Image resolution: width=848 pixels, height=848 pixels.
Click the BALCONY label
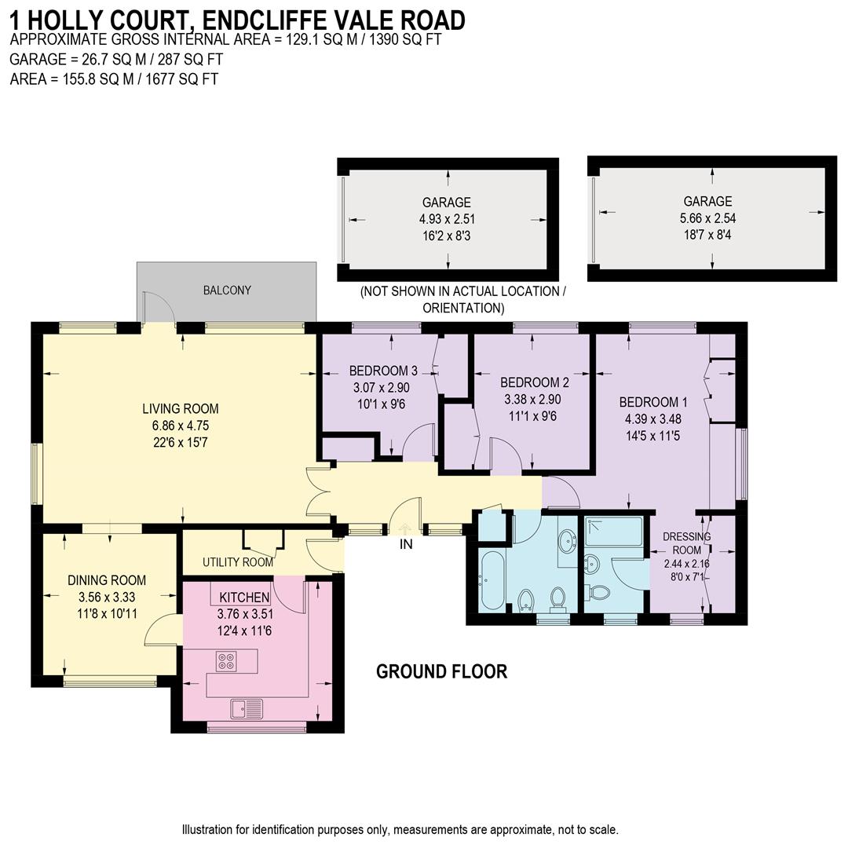click(x=227, y=291)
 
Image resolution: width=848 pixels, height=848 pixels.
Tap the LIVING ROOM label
click(x=180, y=408)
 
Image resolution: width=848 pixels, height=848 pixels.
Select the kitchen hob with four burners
click(x=226, y=661)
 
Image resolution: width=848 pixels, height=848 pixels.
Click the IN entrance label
click(x=405, y=543)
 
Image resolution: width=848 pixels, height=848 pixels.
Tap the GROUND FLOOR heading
click(x=441, y=671)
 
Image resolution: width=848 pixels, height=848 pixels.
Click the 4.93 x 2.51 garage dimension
click(x=447, y=219)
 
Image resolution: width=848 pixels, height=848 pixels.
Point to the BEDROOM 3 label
click(x=383, y=371)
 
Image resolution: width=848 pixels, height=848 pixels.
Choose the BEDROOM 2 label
click(x=535, y=382)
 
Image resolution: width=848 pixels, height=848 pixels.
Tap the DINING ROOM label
click(x=107, y=580)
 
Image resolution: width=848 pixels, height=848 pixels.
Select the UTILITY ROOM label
click(x=238, y=562)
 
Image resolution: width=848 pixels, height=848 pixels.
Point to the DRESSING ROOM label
click(x=686, y=543)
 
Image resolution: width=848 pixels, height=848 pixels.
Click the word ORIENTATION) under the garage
click(x=463, y=308)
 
